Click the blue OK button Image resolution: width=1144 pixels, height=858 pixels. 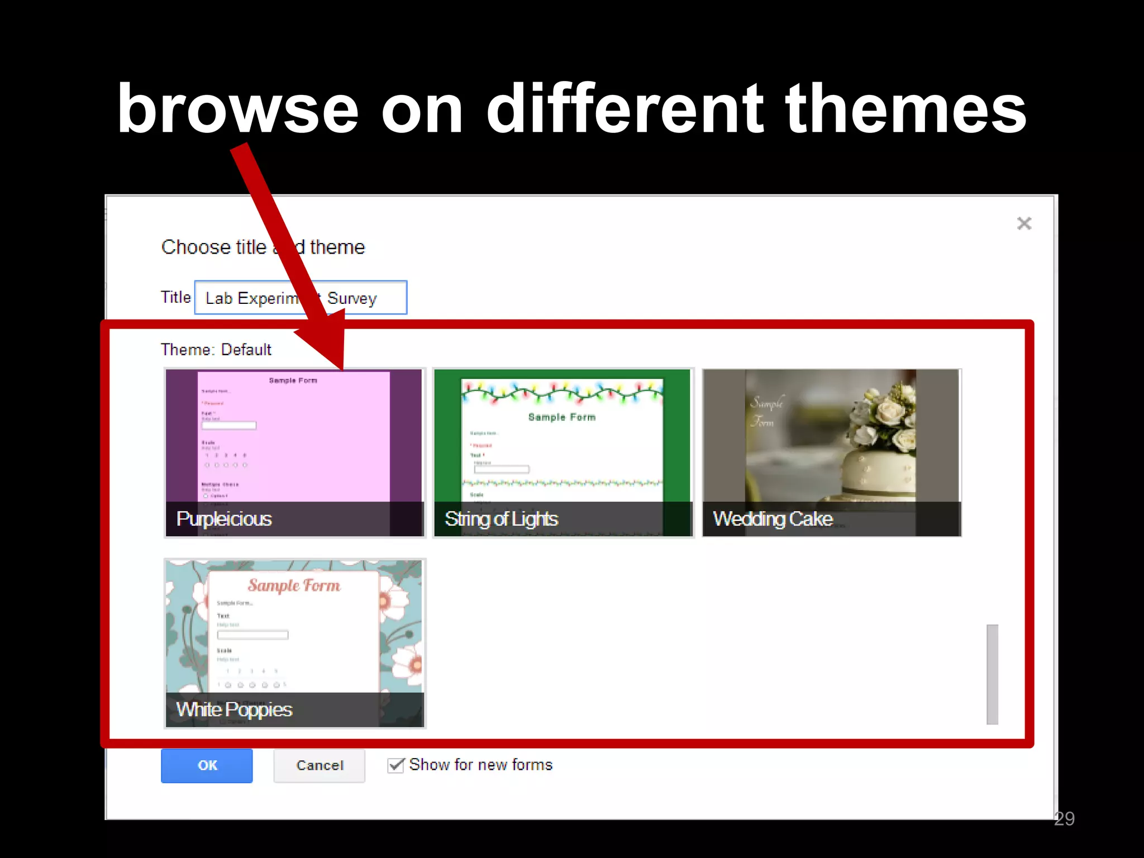point(207,765)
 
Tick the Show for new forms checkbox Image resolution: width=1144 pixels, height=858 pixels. point(395,765)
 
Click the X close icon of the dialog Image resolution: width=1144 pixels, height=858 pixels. point(1024,223)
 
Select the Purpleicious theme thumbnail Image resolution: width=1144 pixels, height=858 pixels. point(294,452)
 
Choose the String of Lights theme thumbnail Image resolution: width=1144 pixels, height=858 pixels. point(563,452)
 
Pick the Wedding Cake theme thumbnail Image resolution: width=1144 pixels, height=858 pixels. point(831,452)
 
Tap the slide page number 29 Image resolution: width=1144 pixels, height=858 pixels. point(1064,818)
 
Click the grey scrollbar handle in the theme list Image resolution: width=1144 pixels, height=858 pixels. point(992,674)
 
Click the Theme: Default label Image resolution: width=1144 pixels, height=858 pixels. point(216,350)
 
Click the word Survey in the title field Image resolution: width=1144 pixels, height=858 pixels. point(352,298)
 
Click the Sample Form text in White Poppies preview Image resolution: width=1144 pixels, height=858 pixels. point(294,585)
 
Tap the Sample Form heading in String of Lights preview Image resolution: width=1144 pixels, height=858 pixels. point(562,417)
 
